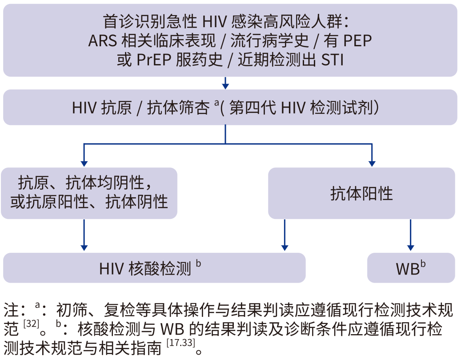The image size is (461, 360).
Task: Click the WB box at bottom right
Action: pos(411,268)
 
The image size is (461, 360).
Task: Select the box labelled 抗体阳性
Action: pos(361,194)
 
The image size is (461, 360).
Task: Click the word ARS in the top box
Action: pos(102,41)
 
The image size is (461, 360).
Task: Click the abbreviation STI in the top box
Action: pos(332,60)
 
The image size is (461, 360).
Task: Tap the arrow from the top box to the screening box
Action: pos(225,83)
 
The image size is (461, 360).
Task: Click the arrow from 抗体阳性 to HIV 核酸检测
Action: pos(285,236)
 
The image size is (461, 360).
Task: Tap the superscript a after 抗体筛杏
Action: pos(216,103)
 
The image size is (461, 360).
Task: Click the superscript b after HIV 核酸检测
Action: pos(198,263)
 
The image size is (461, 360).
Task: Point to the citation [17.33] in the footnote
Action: pos(183,345)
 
